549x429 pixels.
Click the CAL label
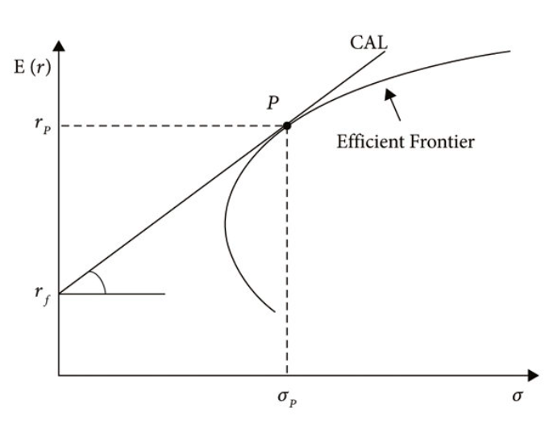click(x=368, y=43)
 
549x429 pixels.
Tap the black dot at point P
click(x=287, y=126)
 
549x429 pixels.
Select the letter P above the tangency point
click(x=273, y=102)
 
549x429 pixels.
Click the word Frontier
click(x=443, y=142)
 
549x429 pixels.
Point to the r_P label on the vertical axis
click(x=43, y=125)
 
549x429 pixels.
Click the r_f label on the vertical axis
click(x=43, y=294)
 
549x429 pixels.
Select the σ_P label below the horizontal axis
click(x=287, y=398)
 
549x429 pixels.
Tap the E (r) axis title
click(x=32, y=67)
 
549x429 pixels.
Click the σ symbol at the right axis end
click(x=518, y=396)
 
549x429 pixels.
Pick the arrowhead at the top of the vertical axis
click(x=59, y=46)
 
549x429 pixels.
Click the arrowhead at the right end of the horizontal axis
click(x=533, y=376)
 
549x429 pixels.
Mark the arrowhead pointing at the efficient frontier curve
click(x=389, y=94)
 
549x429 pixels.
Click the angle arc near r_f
click(x=101, y=280)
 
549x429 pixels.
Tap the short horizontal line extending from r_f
click(x=112, y=294)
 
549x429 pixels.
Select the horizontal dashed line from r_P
click(x=173, y=126)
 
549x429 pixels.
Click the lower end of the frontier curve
click(x=275, y=311)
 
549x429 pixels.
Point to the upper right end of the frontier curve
click(x=509, y=51)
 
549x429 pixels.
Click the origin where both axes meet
click(x=59, y=376)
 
